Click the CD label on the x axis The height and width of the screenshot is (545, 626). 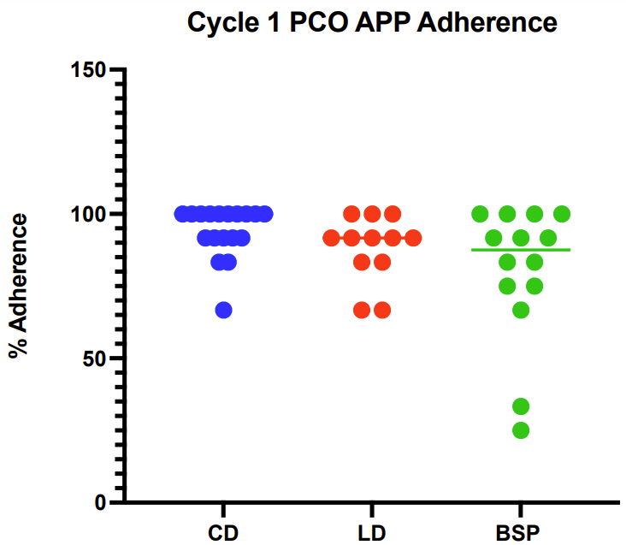point(223,533)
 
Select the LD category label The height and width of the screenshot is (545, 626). point(372,533)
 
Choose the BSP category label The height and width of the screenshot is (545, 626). point(520,533)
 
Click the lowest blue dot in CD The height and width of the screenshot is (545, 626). point(223,310)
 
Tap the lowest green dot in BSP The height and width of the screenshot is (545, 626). point(521,430)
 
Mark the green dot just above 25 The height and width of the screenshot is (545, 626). point(521,406)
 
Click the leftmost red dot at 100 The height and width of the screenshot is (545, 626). point(351,213)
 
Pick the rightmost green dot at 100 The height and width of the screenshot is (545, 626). point(562,213)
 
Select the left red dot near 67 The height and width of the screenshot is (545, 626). point(362,310)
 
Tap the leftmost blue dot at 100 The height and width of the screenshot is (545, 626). point(182,213)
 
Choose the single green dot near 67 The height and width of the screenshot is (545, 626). point(521,310)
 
